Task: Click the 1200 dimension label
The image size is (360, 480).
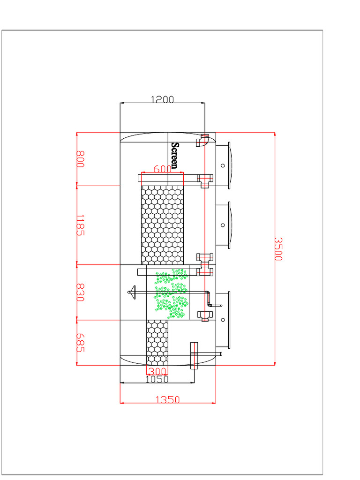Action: [162, 99]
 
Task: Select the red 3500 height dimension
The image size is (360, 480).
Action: [277, 249]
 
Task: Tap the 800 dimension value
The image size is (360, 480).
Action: [80, 159]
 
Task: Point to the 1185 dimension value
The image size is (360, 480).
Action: [80, 225]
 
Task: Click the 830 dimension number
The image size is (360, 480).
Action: [80, 292]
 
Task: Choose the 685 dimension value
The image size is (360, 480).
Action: [80, 343]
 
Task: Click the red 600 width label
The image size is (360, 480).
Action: [162, 169]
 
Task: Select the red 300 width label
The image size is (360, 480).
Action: [157, 371]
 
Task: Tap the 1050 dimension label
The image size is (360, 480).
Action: [157, 379]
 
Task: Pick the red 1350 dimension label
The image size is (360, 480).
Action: [168, 399]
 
